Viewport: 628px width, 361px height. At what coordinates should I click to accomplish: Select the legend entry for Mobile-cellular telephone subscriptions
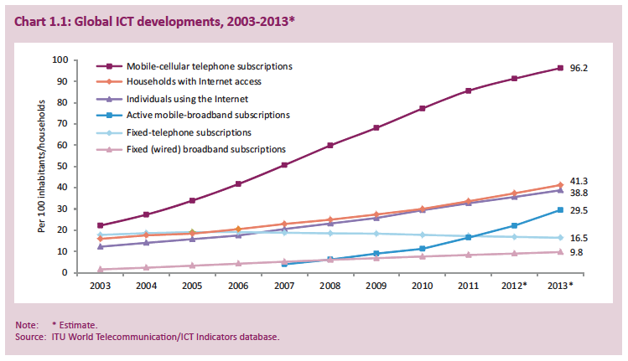click(209, 65)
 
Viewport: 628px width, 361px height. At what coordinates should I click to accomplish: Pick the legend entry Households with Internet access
click(194, 81)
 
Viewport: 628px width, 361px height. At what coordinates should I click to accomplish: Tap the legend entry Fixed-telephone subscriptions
click(189, 132)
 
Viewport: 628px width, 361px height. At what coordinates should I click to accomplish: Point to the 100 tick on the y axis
click(82, 59)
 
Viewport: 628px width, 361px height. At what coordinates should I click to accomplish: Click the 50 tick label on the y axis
click(85, 166)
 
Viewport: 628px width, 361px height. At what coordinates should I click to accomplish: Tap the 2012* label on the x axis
click(514, 286)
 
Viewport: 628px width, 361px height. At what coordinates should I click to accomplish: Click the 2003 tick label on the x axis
click(101, 286)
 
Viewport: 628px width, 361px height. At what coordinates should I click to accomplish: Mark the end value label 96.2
click(579, 68)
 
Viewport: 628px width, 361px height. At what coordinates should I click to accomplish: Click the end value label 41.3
click(579, 182)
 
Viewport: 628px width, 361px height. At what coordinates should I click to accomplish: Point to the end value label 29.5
click(579, 211)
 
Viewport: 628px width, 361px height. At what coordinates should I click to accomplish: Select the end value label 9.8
click(577, 252)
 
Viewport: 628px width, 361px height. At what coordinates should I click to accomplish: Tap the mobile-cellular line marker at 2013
click(560, 68)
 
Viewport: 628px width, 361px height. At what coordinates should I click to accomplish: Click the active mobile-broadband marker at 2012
click(514, 225)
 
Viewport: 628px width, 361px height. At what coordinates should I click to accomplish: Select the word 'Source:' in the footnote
click(31, 337)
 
